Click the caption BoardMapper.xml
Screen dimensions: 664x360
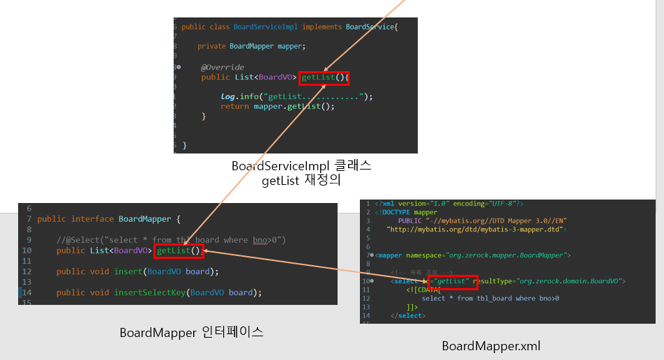(x=491, y=346)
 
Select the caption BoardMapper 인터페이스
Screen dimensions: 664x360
(x=191, y=332)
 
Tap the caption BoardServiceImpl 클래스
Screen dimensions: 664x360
(x=301, y=167)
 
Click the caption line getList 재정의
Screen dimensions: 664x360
(x=301, y=181)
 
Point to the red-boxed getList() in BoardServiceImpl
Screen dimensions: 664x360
(x=324, y=77)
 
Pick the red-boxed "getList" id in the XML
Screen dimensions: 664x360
(x=453, y=281)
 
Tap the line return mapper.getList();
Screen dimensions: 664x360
(x=278, y=106)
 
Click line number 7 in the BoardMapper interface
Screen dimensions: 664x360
(x=28, y=219)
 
